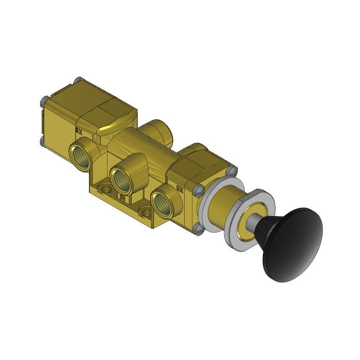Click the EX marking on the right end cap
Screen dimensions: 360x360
pos(180,189)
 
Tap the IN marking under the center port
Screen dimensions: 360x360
pos(122,196)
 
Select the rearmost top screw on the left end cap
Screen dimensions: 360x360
pos(77,80)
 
